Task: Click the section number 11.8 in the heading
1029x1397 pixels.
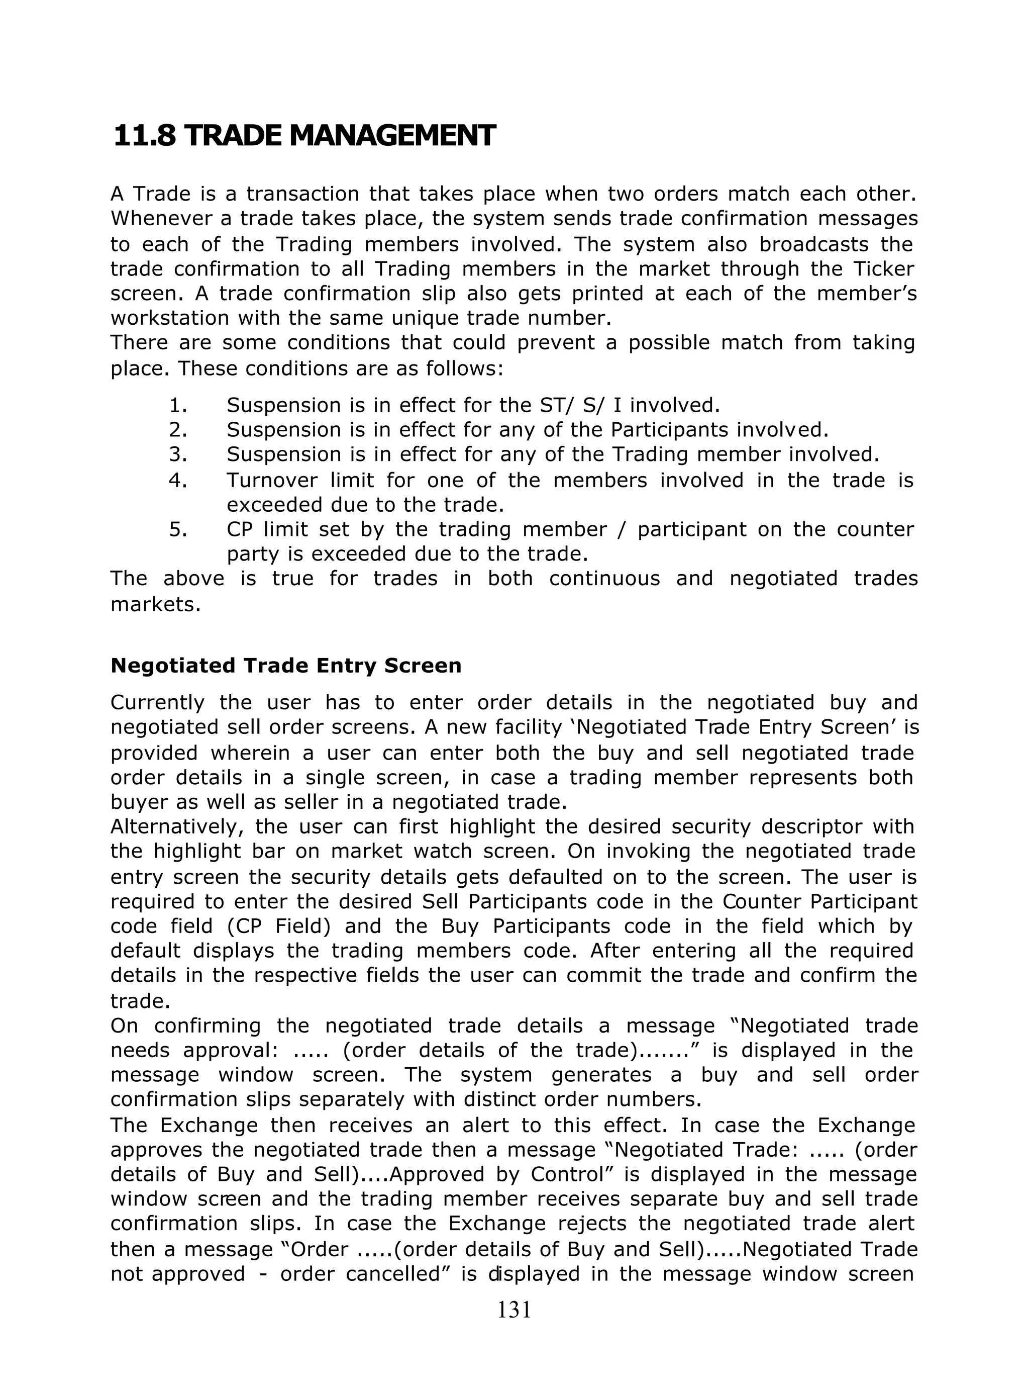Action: (145, 136)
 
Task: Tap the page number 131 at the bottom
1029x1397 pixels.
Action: (514, 1309)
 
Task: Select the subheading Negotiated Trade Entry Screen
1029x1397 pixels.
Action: (286, 666)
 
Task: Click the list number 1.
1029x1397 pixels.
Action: (178, 406)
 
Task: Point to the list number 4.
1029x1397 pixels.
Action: (178, 481)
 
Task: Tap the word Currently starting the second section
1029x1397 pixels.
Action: (158, 703)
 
